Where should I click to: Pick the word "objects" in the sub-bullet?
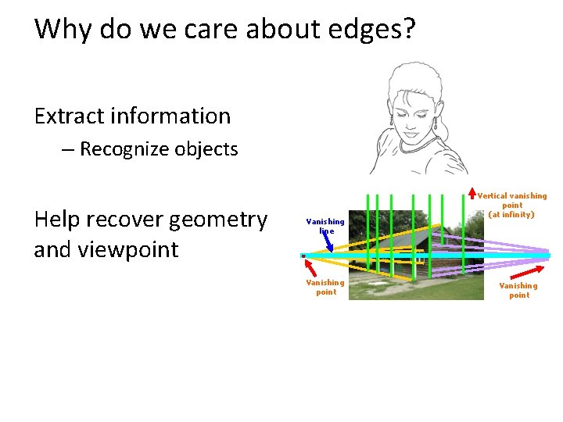pos(210,149)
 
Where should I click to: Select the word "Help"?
pos(62,220)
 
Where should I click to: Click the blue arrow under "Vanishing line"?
pos(330,243)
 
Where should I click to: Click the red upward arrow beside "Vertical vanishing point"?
pos(472,193)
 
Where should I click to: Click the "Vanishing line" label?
pos(325,226)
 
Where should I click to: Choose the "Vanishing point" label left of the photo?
pos(325,287)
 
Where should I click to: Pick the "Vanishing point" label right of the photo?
pos(518,290)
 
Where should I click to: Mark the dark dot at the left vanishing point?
pos(303,256)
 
